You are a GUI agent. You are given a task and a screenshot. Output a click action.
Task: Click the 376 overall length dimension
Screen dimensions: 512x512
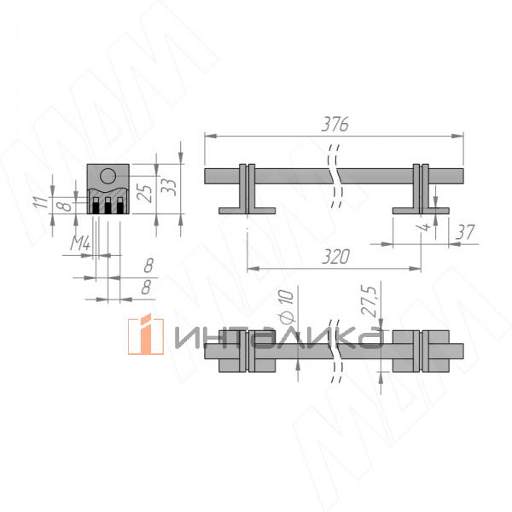[x=335, y=124]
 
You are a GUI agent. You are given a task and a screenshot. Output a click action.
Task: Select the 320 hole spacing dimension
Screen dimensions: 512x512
[x=335, y=256]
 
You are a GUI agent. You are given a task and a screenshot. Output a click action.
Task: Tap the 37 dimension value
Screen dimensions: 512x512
[x=465, y=232]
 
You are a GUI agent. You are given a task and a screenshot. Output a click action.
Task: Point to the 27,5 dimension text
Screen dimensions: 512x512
[x=369, y=300]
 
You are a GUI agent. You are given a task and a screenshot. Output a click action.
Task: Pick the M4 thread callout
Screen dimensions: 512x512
[x=80, y=243]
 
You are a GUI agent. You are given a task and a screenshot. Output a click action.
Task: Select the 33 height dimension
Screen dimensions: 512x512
[x=169, y=188]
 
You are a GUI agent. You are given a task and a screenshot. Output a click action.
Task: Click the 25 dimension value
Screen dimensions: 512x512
[x=144, y=194]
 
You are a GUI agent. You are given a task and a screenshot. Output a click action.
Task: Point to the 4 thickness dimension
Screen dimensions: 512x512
[x=424, y=227]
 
